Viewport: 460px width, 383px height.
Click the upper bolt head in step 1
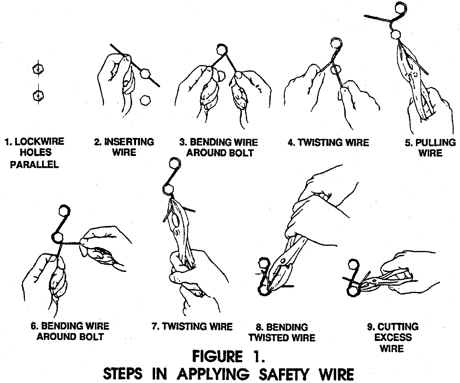(x=36, y=69)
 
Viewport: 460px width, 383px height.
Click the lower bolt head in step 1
(x=36, y=94)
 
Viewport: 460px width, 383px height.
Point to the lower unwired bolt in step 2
(x=145, y=100)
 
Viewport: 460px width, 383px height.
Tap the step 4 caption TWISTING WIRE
(x=328, y=143)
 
